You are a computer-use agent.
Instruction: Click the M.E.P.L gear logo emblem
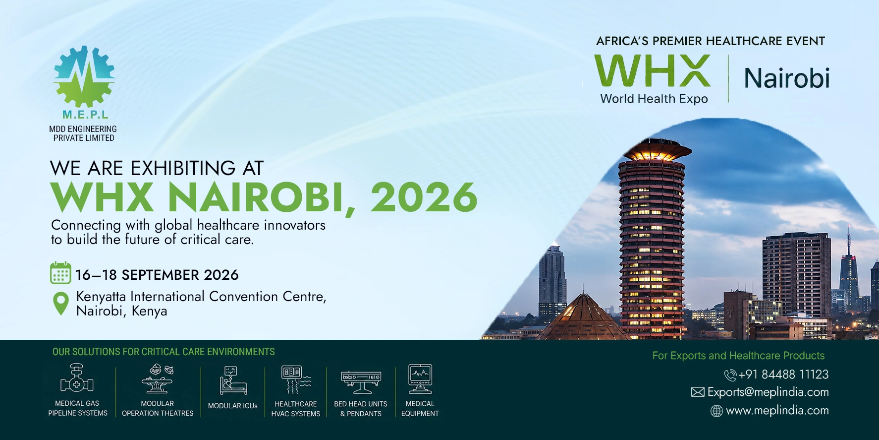85,76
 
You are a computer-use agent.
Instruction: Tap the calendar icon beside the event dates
60,273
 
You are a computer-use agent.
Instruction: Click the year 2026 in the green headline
424,197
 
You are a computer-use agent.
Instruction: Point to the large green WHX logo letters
652,70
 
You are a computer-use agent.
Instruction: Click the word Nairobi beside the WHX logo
787,78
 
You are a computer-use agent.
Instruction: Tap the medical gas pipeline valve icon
77,378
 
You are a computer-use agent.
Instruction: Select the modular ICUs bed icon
233,380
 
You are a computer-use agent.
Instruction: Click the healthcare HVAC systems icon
296,379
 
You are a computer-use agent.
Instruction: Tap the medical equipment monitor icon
420,379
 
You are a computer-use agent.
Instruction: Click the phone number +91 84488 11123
783,375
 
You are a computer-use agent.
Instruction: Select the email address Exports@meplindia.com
768,392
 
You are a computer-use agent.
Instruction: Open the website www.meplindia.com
777,411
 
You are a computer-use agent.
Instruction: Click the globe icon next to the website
716,411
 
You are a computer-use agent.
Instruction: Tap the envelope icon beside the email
698,392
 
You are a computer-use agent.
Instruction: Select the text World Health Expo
654,99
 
